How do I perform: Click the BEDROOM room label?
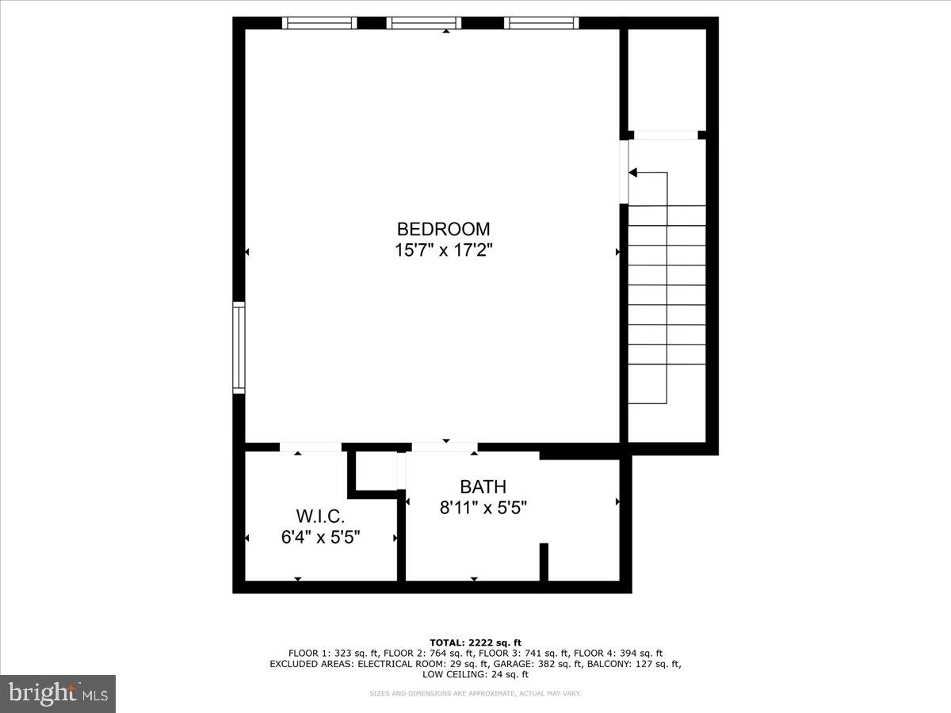click(443, 229)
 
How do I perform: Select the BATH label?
click(483, 486)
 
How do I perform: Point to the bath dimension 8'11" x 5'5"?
click(483, 507)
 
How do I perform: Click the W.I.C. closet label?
click(321, 517)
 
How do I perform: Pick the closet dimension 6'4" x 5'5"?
click(321, 537)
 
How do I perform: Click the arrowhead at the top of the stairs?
click(633, 172)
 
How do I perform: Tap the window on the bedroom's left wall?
click(239, 347)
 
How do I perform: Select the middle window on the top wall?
click(423, 23)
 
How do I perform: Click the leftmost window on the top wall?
click(319, 23)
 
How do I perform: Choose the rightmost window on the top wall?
click(541, 23)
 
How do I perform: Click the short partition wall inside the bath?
click(544, 562)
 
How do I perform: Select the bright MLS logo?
click(58, 694)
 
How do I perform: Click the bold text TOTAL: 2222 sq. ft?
click(475, 642)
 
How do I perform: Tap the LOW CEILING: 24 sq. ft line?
click(475, 674)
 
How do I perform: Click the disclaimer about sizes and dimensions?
click(475, 693)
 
